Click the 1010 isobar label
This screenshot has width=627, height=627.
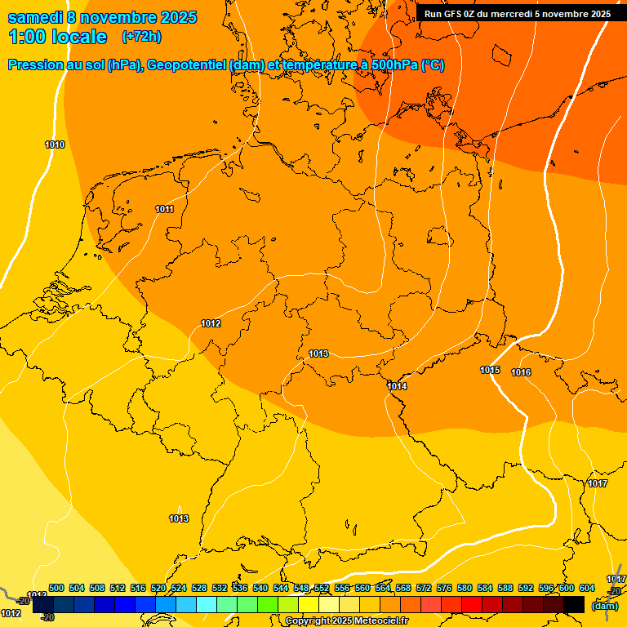55,145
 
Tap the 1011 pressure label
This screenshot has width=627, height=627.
164,209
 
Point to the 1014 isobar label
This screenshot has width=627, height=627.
397,386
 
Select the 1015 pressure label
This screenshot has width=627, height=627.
490,370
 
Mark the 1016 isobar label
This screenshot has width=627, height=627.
521,372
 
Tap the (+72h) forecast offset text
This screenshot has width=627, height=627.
141,37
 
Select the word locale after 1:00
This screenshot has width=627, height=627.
79,37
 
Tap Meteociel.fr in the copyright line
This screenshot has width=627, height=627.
381,621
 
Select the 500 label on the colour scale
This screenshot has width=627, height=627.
56,588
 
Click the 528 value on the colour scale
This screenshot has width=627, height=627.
199,588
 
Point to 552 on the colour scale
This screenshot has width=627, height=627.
322,588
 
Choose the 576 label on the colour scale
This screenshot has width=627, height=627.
444,588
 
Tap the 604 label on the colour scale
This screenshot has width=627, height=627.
587,588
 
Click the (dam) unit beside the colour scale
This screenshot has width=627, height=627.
605,606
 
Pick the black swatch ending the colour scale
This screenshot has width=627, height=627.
574,604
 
